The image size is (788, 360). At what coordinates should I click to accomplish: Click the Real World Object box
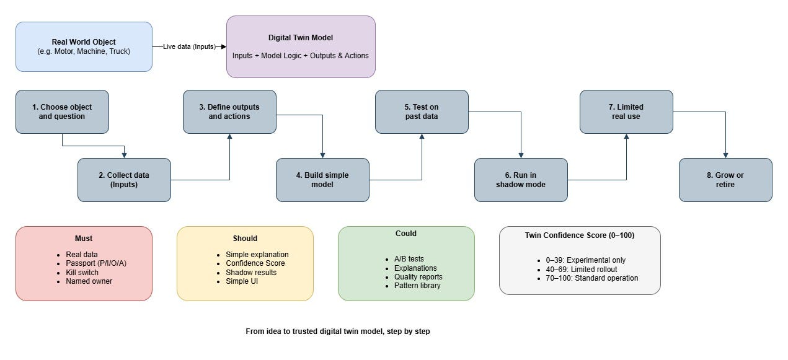point(84,46)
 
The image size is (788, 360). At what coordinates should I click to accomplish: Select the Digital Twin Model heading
point(301,38)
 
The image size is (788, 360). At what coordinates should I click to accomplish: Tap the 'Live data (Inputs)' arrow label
point(189,46)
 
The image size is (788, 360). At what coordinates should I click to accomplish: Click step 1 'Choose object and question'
point(62,112)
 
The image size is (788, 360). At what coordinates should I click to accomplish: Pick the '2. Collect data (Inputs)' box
point(124,180)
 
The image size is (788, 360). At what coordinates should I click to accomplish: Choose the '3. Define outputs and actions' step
point(229,112)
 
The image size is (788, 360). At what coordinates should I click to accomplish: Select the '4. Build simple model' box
point(322,180)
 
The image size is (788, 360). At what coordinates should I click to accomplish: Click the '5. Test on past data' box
point(422,112)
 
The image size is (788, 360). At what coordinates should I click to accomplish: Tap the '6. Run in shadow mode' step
point(521,180)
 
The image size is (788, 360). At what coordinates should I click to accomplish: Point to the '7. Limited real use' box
point(626,112)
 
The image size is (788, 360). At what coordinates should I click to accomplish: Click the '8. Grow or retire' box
point(725,180)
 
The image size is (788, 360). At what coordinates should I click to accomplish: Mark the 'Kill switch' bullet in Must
point(82,273)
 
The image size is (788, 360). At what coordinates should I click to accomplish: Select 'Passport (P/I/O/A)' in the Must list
point(96,263)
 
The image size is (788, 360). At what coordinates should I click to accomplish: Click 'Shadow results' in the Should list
point(251,273)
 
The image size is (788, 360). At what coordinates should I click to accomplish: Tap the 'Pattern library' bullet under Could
point(417,286)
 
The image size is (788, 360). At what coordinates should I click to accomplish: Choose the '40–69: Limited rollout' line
point(582,270)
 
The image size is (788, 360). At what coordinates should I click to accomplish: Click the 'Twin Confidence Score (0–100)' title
point(580,235)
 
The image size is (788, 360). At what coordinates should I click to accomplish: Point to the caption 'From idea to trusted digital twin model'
point(315,331)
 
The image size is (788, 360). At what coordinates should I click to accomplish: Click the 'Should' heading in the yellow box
point(245,239)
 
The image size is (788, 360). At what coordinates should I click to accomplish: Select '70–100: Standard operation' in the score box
point(591,278)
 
